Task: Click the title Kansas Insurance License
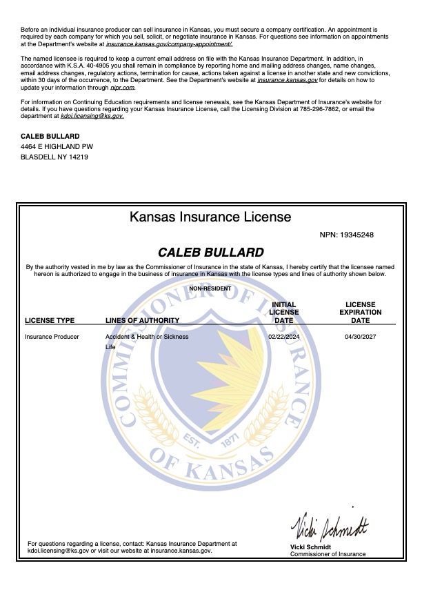210,217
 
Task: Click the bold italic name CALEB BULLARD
210,253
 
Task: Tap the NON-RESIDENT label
210,288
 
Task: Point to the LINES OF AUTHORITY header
142,320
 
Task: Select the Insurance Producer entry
52,337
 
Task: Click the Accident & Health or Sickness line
147,337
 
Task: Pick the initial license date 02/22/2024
283,337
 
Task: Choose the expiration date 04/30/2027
360,337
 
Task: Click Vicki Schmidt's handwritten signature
329,529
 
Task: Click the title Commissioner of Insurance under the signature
328,554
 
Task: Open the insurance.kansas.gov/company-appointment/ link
169,43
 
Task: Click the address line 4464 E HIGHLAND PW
57,147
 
